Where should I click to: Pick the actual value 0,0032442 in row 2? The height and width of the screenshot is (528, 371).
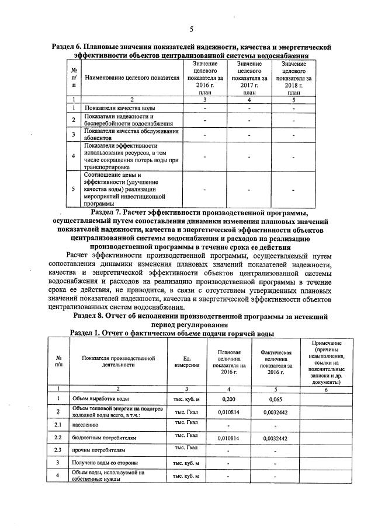point(273,412)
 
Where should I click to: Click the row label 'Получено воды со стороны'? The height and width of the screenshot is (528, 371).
point(104,463)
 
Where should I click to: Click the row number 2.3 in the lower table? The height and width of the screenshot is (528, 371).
point(58,450)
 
